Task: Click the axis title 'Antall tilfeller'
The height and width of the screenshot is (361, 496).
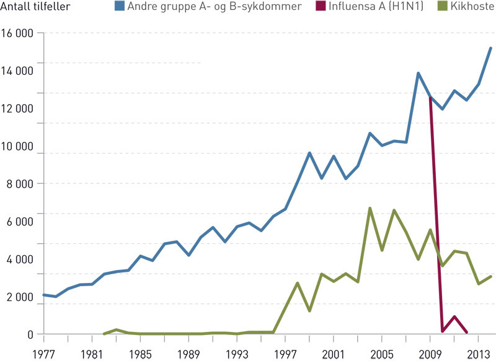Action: tap(36, 7)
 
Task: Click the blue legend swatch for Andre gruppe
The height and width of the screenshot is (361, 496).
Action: tap(117, 7)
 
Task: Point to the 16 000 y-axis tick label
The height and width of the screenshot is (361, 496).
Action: tap(18, 33)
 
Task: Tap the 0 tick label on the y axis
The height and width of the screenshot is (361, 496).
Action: tap(30, 334)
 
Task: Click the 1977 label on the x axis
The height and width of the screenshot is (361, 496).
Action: tap(43, 354)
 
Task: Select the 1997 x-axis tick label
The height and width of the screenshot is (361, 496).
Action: tap(285, 354)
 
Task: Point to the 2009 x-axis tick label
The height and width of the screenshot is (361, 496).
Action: tap(430, 354)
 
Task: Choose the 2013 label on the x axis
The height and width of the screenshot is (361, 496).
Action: tap(479, 354)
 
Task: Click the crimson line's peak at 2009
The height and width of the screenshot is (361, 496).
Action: tap(430, 98)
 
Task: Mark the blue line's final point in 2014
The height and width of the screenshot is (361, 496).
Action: tap(490, 48)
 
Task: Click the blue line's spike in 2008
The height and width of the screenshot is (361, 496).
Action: tap(418, 73)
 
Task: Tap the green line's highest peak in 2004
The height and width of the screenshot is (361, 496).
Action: tap(370, 208)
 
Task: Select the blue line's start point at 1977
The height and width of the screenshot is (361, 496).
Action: tap(43, 295)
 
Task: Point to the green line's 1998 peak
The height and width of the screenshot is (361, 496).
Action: tap(298, 283)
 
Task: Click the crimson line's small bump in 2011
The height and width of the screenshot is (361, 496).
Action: tap(454, 316)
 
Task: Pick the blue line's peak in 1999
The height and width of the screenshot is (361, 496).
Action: tap(309, 153)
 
